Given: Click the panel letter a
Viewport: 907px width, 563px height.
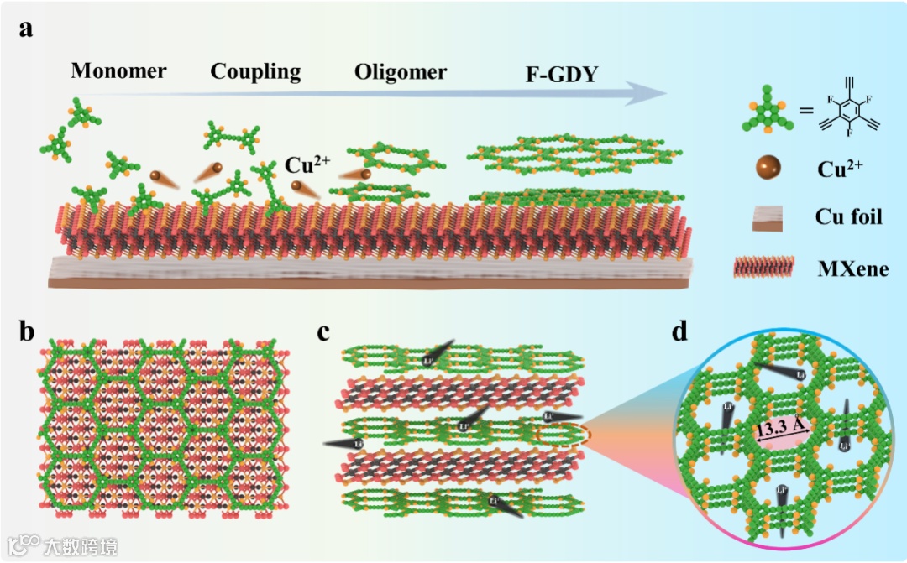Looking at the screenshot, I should [x=27, y=30].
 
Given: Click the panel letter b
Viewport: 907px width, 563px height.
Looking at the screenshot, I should [x=28, y=331].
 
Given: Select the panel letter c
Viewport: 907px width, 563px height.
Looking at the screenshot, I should [x=324, y=331].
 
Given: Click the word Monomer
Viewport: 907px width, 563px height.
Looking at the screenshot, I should [x=118, y=71].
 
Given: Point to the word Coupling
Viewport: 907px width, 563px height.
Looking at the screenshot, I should [x=255, y=71].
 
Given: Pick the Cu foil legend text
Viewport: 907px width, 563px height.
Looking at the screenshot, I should [x=849, y=217].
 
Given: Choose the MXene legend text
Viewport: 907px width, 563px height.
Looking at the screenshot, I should [x=852, y=268].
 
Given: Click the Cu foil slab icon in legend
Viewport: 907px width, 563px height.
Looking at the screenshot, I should [x=767, y=218].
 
